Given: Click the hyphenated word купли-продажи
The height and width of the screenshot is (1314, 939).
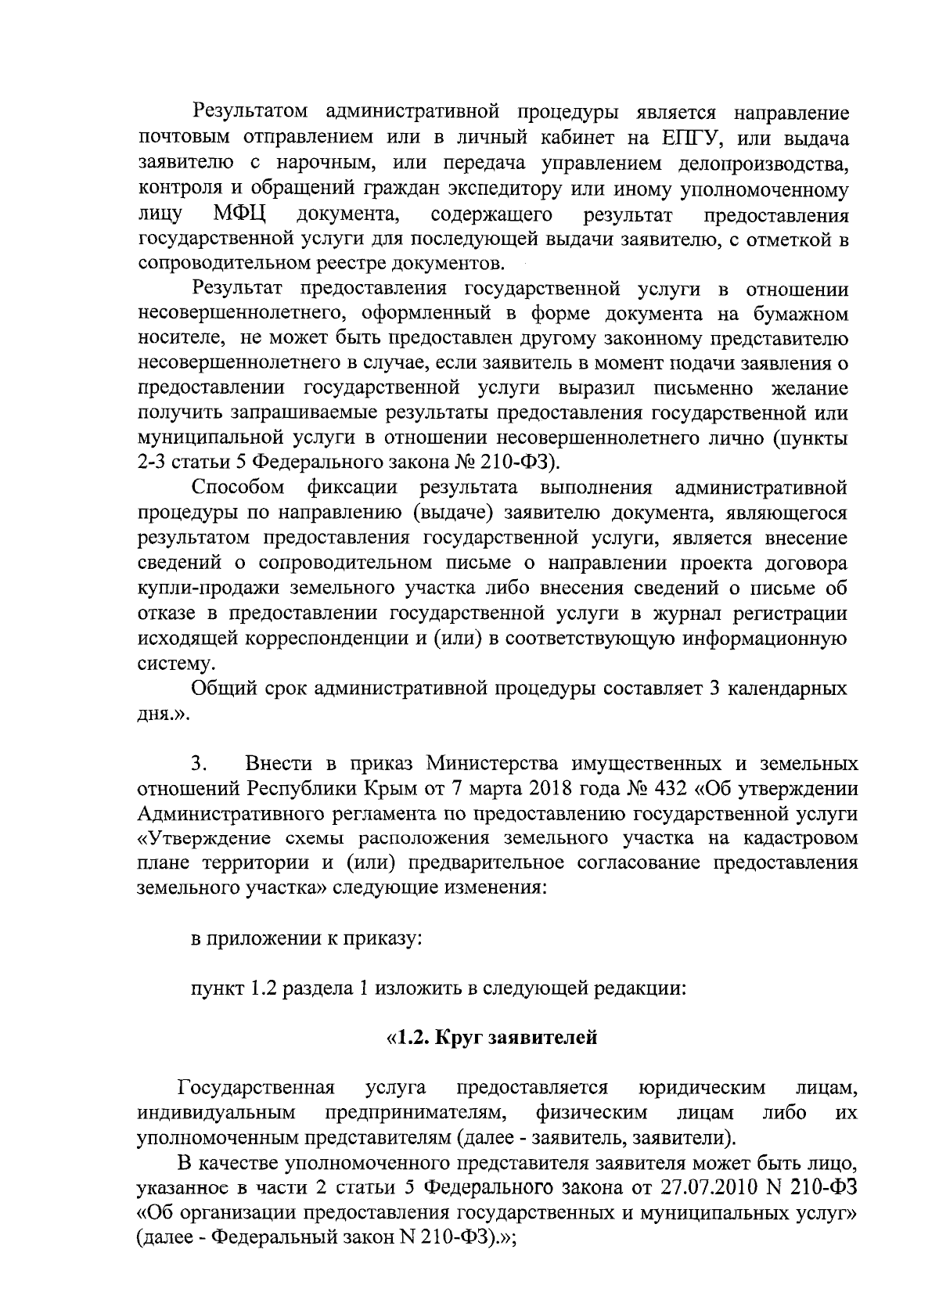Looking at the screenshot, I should point(199,588).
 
